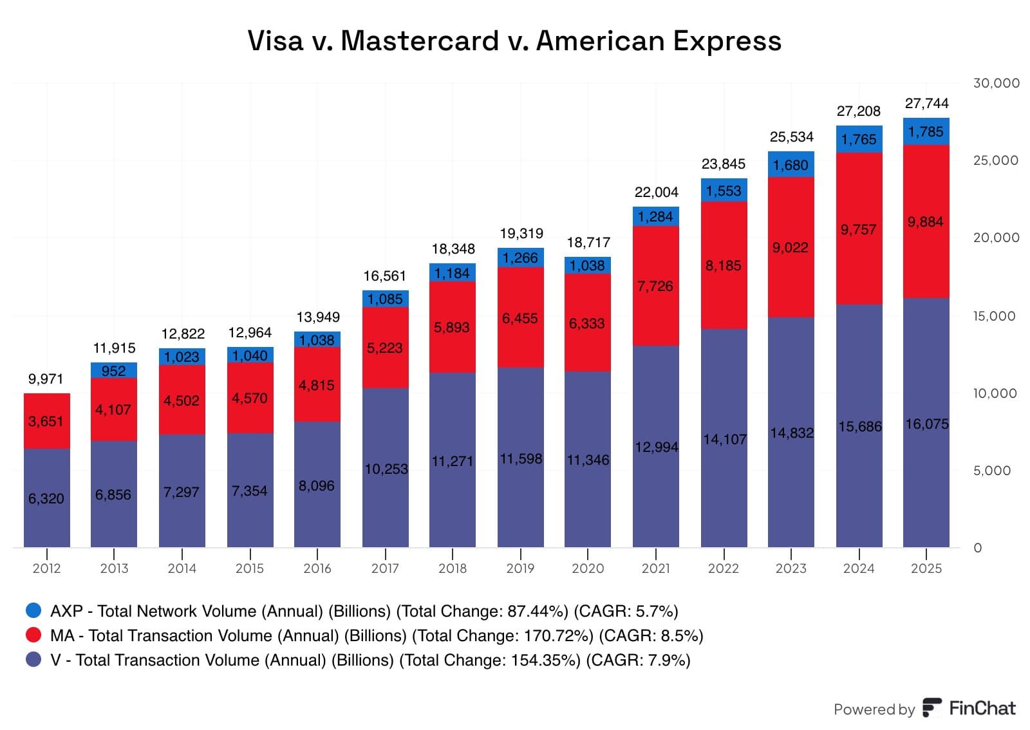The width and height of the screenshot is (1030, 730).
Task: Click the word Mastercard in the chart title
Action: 419,41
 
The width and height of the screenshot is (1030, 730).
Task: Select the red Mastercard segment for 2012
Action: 47,421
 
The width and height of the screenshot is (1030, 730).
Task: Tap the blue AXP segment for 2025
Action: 926,131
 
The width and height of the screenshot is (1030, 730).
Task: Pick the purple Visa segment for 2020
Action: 588,459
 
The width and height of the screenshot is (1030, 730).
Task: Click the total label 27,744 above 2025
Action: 926,104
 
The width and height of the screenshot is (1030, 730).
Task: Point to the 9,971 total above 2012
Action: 46,379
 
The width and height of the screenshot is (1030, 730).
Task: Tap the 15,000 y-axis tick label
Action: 994,316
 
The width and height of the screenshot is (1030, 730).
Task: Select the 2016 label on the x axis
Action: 317,568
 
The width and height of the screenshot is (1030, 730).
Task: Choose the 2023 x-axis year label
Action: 791,568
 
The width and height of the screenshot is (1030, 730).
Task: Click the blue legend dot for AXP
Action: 33,610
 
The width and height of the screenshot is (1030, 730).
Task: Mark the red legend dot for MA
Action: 33,635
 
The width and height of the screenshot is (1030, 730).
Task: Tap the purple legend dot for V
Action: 33,659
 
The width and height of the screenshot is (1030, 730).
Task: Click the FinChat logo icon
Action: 933,707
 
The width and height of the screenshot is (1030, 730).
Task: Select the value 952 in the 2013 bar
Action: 113,371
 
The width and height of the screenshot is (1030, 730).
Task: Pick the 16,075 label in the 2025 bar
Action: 927,424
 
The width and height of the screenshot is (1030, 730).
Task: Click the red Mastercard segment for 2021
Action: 656,285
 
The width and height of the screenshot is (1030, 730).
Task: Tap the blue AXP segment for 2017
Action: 386,299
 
